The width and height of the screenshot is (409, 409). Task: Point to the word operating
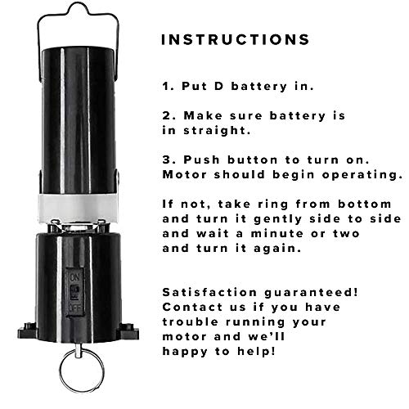[367, 175]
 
